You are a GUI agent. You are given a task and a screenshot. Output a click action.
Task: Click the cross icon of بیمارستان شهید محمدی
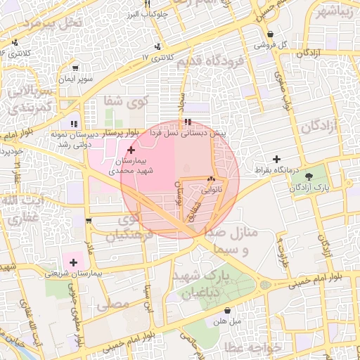point(131,150)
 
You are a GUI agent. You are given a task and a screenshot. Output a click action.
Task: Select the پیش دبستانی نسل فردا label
point(210,133)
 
